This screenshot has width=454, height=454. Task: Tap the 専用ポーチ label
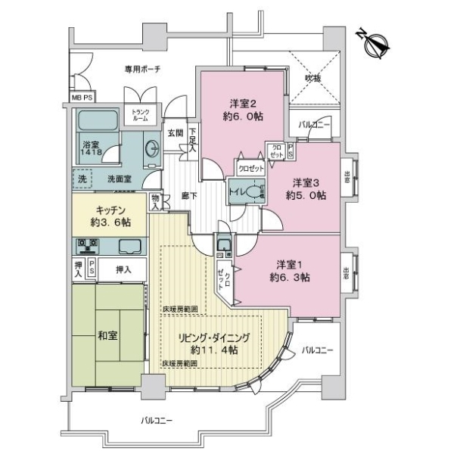141,70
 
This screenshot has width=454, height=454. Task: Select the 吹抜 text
313,77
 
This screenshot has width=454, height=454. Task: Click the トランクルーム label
141,115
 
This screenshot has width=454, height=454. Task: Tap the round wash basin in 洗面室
151,148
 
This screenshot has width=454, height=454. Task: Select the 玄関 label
175,133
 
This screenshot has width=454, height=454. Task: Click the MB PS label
82,98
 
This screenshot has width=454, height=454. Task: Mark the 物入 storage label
155,201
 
